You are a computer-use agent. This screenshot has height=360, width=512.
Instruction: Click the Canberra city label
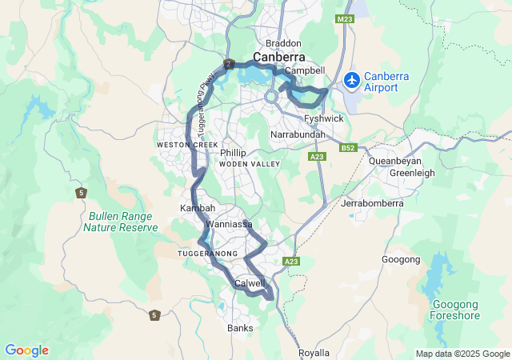(x=279, y=57)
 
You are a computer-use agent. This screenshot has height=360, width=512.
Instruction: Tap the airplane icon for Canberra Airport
(x=351, y=80)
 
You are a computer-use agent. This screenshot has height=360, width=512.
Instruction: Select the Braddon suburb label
(x=284, y=43)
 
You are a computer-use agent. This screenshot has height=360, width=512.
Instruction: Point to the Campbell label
(x=305, y=70)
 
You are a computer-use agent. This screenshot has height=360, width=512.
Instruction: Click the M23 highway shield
(x=345, y=18)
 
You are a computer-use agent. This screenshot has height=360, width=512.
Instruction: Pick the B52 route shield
(x=346, y=147)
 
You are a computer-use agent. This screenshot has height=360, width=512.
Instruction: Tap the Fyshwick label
(x=324, y=118)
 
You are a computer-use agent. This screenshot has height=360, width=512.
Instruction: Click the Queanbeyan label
(x=395, y=160)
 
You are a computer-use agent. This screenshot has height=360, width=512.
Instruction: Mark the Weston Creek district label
(x=187, y=144)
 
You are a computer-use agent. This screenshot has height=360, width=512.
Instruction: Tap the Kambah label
(x=198, y=208)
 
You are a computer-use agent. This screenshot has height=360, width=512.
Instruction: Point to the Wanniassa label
(x=229, y=225)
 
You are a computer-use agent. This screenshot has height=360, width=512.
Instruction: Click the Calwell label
(x=250, y=283)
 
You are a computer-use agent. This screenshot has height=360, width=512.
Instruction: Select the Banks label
(x=240, y=328)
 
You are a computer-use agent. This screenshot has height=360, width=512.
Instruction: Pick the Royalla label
(x=314, y=353)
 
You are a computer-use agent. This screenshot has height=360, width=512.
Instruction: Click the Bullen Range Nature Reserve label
(x=120, y=222)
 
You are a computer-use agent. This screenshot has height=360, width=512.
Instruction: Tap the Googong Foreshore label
(x=456, y=310)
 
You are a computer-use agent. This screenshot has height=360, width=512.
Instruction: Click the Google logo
(x=26, y=350)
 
